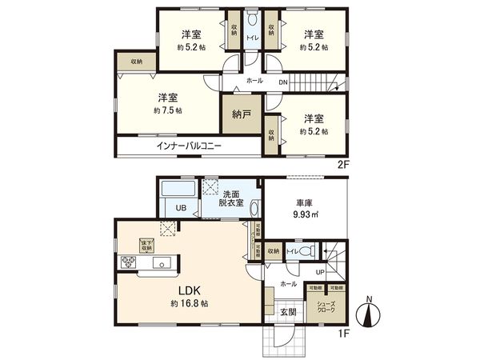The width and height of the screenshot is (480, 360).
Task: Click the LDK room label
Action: coord(190,292)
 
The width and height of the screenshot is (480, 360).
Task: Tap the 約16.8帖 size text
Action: coord(190,305)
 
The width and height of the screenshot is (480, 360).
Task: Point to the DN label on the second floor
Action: coord(282,82)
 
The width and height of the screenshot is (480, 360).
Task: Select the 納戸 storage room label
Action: coord(241,114)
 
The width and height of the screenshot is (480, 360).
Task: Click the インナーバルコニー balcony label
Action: coord(189,147)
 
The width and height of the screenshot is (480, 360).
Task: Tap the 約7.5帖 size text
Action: coord(167,110)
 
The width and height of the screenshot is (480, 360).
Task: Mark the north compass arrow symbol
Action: coord(369,314)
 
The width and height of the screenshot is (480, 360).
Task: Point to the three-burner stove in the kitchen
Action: coord(128,263)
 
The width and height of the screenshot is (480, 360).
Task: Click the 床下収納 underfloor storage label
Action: coord(148,246)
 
